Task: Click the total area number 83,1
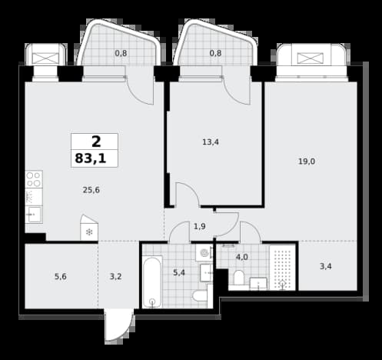coord(91,158)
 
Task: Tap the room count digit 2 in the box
coord(96,142)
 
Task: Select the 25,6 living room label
coord(91,190)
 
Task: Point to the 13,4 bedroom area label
coord(211,142)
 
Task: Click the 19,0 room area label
coord(307,162)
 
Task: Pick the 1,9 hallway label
coord(200,226)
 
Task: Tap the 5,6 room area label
coord(61,276)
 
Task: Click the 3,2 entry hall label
coord(116,276)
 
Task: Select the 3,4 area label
coord(326,266)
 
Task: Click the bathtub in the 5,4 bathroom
coord(152,282)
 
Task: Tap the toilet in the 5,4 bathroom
coord(201,296)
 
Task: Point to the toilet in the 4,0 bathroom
coord(238,278)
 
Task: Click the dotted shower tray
coord(283,268)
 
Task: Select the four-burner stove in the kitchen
coord(34,179)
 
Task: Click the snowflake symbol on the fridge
coord(89,232)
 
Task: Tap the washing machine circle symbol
coord(204,253)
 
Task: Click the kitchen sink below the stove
coord(34,215)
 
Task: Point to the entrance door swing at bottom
coord(118,325)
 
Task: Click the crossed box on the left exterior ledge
coord(45,58)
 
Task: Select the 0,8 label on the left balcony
coord(121,53)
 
